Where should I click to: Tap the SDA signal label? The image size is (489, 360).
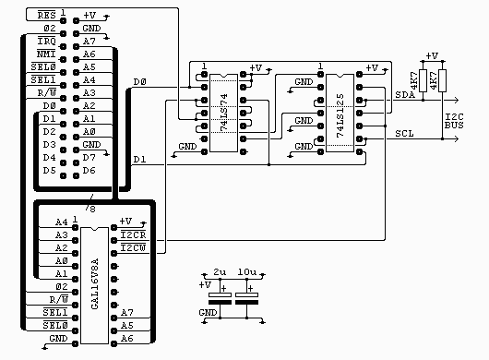404,95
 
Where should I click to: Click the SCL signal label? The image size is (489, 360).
404,134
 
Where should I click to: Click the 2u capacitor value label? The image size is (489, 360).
220,274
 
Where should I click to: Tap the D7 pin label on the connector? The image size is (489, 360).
89,158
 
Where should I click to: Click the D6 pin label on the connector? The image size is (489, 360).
89,171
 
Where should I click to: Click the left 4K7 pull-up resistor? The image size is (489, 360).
423,80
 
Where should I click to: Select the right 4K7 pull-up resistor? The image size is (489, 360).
443,80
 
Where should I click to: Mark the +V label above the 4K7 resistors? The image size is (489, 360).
433,56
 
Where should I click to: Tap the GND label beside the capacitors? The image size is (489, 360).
209,313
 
